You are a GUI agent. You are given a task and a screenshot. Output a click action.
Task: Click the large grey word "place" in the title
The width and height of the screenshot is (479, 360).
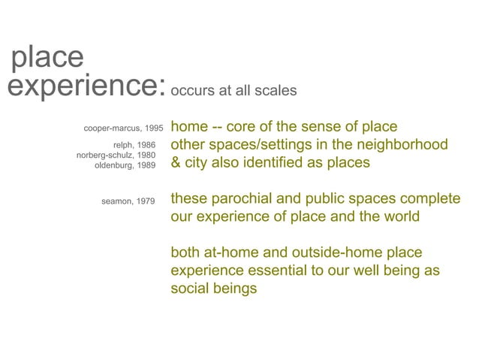[x=47, y=58]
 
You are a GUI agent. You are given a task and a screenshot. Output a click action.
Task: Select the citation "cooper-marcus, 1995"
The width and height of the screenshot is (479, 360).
[x=123, y=128]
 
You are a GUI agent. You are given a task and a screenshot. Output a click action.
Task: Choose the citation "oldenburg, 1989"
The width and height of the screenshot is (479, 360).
[x=125, y=165]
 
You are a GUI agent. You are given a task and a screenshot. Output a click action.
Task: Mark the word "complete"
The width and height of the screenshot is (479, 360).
[x=430, y=199]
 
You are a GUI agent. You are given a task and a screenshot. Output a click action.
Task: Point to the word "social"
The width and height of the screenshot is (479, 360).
[x=191, y=289]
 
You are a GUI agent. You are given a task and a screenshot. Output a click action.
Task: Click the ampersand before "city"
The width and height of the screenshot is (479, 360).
[x=176, y=162]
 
